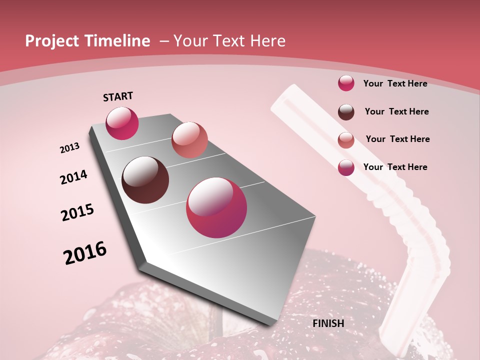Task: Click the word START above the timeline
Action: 118,96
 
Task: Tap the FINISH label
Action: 328,323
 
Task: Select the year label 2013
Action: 69,148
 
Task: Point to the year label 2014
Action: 73,177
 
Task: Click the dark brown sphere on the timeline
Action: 145,180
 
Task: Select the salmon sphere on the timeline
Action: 189,139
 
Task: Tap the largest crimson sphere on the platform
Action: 216,207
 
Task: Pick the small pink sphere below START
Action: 122,123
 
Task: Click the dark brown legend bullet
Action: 346,112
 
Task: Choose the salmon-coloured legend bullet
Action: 346,140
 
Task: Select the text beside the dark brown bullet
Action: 396,111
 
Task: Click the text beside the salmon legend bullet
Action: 397,139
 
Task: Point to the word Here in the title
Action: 267,41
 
